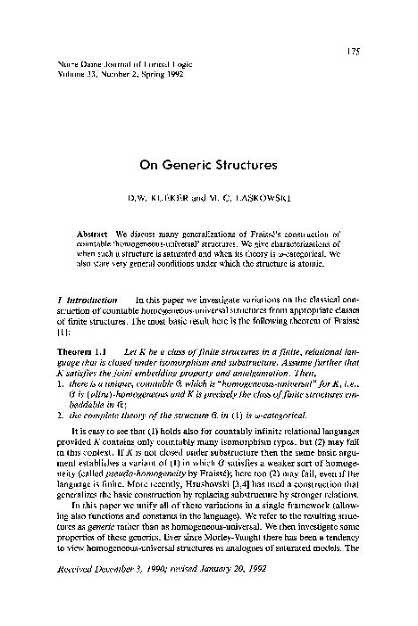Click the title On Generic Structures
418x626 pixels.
pyautogui.click(x=208, y=165)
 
